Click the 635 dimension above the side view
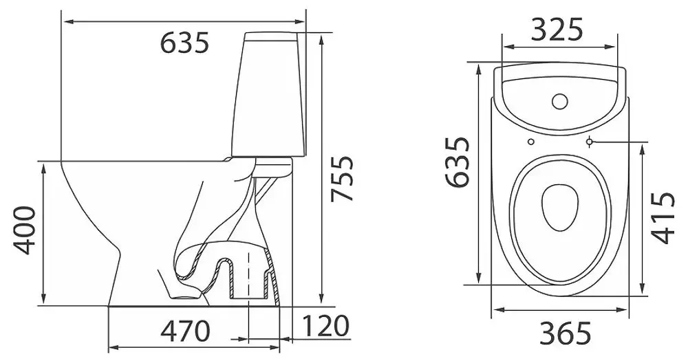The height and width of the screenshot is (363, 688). coord(184,43)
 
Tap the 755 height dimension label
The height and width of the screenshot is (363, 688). coord(342,179)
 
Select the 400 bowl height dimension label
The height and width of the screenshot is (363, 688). coord(24,230)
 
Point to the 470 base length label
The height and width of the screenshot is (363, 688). coord(185,331)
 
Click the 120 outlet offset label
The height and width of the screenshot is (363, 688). coord(325,326)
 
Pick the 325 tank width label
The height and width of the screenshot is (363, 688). coord(557,30)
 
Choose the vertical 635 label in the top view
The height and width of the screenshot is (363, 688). coord(458,162)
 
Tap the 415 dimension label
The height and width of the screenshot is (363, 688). coord(663,217)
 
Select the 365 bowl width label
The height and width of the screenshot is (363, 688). coord(566,334)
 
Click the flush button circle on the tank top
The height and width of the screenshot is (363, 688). coord(560,101)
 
